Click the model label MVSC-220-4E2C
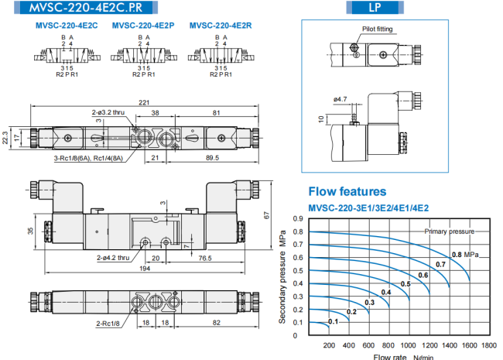pos(67,26)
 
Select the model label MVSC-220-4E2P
pos(143,26)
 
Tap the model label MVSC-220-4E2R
pos(221,26)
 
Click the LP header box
pos(375,8)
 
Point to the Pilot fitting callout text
pos(378,29)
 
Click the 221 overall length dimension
pos(144,102)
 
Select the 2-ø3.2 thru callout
pos(108,112)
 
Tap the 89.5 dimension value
pos(212,157)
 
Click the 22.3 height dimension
pos(5,138)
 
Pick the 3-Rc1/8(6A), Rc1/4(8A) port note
pos(88,158)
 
